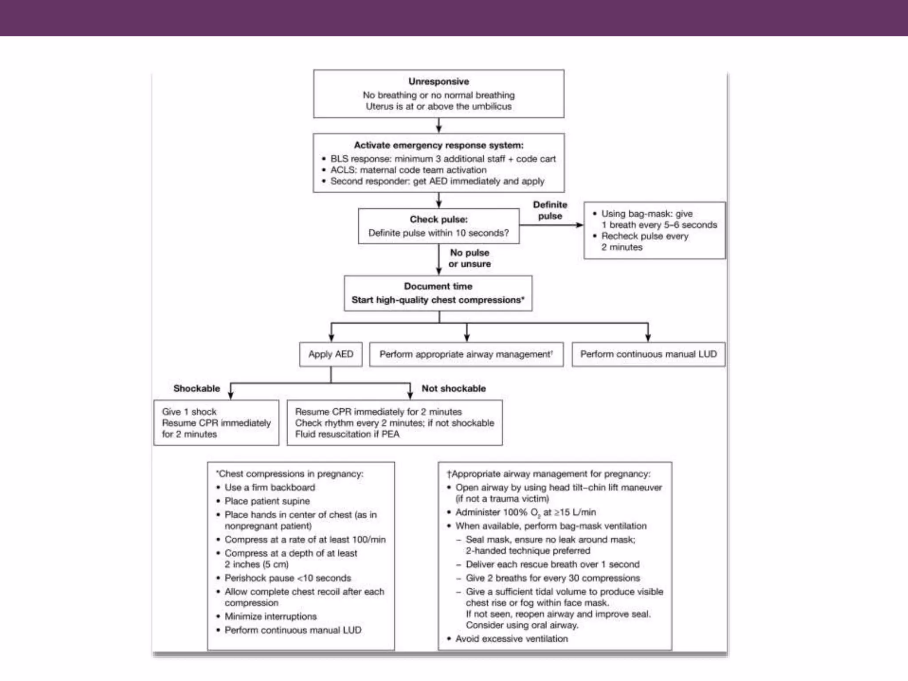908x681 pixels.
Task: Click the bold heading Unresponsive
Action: [x=438, y=82]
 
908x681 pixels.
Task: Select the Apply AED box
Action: [x=331, y=354]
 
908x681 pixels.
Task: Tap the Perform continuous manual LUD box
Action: [x=648, y=354]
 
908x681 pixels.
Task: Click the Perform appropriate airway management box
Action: [x=466, y=354]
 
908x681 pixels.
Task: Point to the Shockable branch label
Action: [x=196, y=388]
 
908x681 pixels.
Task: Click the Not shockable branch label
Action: [x=454, y=388]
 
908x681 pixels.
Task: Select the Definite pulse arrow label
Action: [x=550, y=210]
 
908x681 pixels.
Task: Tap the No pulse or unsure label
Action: [x=470, y=258]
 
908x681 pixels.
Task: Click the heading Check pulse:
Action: [x=438, y=219]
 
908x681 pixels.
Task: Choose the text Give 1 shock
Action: [x=189, y=412]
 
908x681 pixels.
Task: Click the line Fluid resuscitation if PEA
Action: [x=347, y=434]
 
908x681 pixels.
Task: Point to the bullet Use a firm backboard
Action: [x=270, y=487]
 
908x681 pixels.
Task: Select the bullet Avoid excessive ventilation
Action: [x=511, y=639]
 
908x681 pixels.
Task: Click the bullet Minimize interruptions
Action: [x=270, y=616]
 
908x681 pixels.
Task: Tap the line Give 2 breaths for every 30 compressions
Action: [x=552, y=578]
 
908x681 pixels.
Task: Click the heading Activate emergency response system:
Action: [x=438, y=145]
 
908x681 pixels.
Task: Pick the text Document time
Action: [x=438, y=286]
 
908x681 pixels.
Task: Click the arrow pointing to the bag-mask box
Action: [x=552, y=225]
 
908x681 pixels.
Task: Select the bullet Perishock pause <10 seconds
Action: [x=287, y=578]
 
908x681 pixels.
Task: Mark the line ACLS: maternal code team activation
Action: [x=408, y=170]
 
